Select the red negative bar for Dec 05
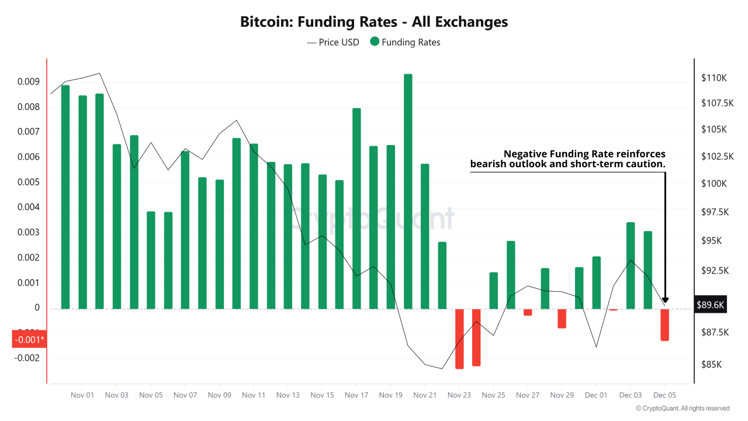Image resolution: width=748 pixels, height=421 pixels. (664, 325)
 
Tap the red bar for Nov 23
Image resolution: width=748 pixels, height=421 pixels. (459, 339)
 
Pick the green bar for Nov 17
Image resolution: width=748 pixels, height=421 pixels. (356, 208)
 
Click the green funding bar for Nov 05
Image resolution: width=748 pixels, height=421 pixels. (151, 260)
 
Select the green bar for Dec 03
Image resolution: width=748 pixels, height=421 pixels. (631, 265)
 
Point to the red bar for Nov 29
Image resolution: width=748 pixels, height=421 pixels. (562, 318)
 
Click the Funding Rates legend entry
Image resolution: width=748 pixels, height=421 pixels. (405, 42)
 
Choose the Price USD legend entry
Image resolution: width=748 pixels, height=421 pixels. (333, 42)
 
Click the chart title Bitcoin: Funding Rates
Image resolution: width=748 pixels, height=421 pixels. (374, 22)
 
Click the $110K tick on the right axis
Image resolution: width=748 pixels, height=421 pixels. (714, 78)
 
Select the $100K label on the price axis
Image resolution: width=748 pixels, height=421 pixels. (714, 184)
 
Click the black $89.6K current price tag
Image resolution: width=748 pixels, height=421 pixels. (711, 305)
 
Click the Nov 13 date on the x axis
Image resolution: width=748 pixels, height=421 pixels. (288, 395)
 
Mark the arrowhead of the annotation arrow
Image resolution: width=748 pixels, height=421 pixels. (665, 301)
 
